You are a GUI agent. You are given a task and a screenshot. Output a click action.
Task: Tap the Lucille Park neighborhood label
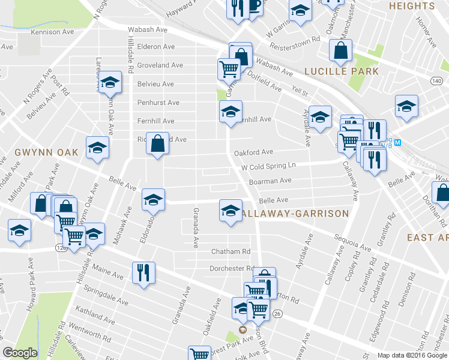(341, 71)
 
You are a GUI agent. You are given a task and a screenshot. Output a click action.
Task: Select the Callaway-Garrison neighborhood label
(294, 214)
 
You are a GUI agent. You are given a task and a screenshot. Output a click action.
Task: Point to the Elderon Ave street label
(155, 47)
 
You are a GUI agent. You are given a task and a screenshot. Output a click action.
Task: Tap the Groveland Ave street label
(160, 65)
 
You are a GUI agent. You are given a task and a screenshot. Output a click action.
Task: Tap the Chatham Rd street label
(230, 251)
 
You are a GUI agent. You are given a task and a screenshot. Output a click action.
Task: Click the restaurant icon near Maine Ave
(143, 273)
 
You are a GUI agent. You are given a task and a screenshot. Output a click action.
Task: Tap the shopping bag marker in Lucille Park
(340, 52)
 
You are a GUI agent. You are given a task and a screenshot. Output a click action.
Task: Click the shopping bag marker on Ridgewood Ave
(157, 144)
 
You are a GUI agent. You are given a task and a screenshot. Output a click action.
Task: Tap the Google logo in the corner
(20, 353)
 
